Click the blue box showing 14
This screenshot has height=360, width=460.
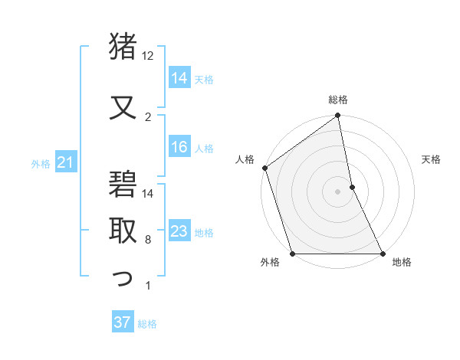pos(180,78)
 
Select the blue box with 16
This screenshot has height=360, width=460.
pos(180,148)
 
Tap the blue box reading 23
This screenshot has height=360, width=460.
pos(180,232)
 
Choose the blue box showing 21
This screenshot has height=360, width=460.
pos(65,162)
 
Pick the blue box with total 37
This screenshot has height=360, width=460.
pos(123,322)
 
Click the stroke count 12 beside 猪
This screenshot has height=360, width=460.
pos(148,56)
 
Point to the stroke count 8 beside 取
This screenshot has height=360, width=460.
pos(148,240)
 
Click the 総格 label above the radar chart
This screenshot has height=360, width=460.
pos(338,100)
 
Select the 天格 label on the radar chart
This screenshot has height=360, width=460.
pos(431,159)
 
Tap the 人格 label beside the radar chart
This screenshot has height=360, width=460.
pos(245,159)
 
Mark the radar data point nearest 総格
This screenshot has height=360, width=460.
pos(338,116)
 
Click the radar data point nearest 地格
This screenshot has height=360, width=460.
pos(382,253)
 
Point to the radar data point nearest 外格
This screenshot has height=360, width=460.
pos(292,253)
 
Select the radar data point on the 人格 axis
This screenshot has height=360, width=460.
pos(264,168)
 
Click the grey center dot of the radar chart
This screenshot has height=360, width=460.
pos(337,191)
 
